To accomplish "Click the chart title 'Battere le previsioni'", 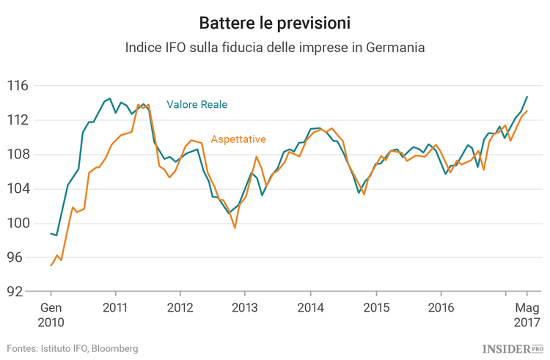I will [x=275, y=23].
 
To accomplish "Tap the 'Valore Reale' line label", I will [x=197, y=105].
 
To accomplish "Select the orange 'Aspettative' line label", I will [x=238, y=139].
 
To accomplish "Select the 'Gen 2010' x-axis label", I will [x=51, y=315].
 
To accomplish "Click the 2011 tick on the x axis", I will [x=116, y=307].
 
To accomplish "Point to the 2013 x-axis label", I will [x=246, y=307].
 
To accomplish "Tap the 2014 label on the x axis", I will [x=310, y=307].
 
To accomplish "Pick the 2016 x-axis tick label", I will [x=440, y=307].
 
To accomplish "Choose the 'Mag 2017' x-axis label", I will [x=527, y=315].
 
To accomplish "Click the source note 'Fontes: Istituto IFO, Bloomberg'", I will [x=73, y=348].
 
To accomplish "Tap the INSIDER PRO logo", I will [x=513, y=348].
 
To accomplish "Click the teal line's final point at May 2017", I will [x=527, y=97].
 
